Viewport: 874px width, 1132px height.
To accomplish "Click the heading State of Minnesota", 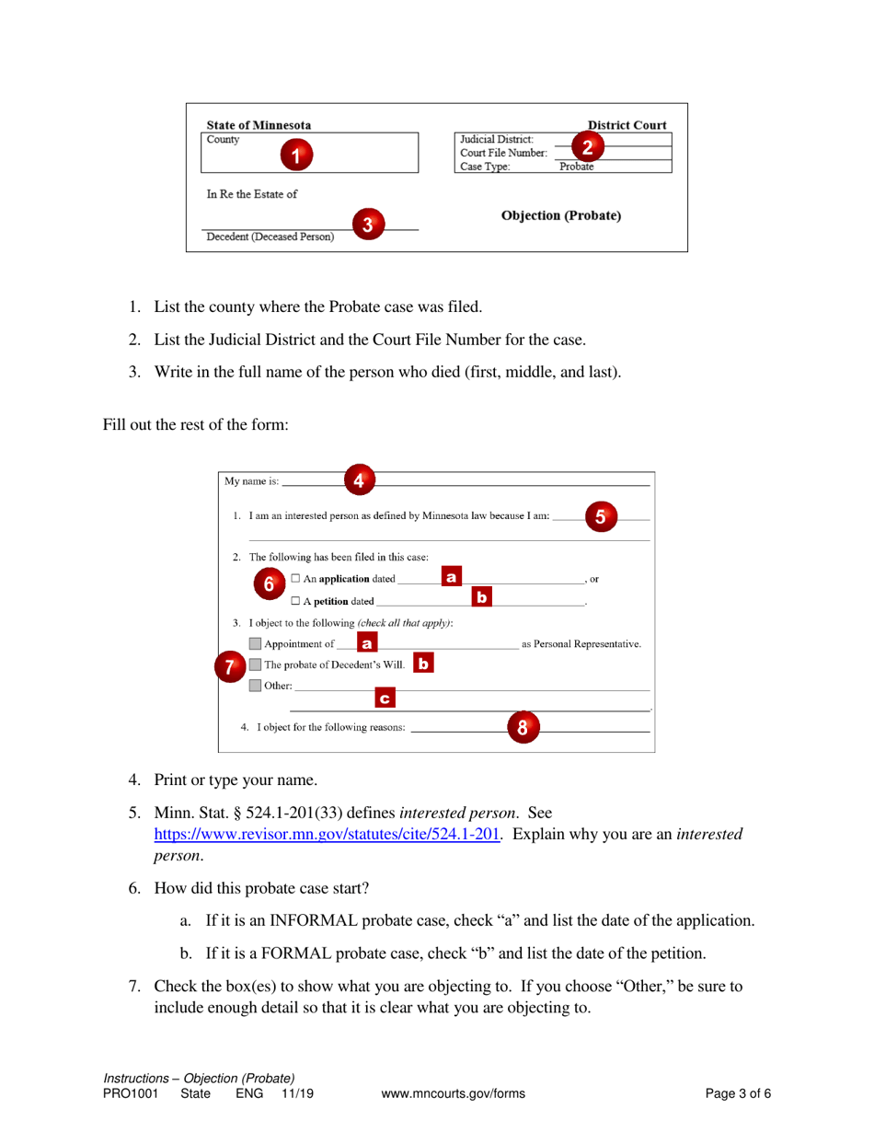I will tap(259, 125).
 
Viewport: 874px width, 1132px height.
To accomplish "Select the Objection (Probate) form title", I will tap(560, 215).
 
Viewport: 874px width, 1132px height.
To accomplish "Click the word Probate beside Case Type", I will tap(578, 167).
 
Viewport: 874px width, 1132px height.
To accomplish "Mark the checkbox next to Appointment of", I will tap(255, 642).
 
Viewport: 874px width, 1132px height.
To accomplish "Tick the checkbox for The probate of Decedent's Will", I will tap(255, 664).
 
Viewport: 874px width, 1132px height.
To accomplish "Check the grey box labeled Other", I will tap(255, 686).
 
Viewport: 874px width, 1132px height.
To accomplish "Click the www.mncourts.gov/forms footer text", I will tap(452, 1094).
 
